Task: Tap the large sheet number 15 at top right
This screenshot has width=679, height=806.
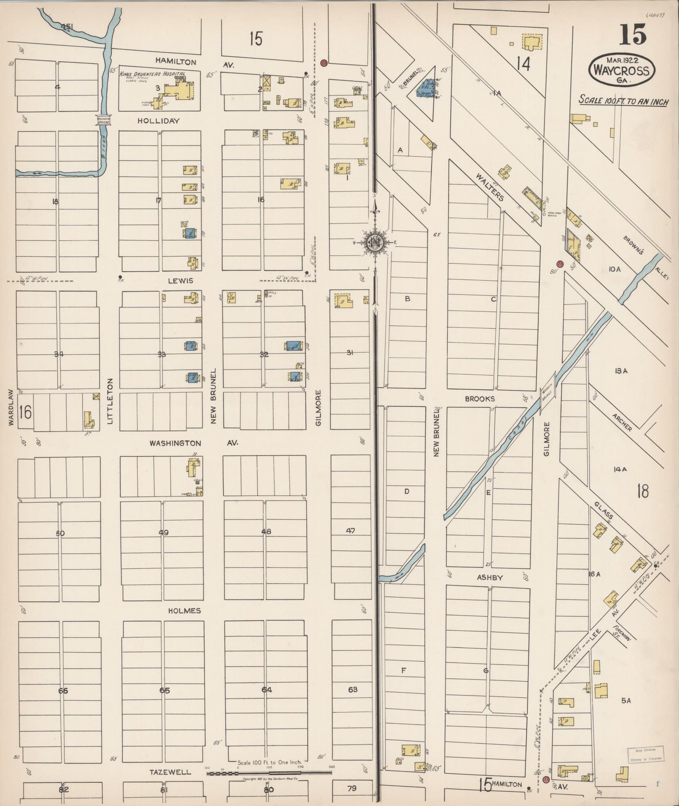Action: pos(632,35)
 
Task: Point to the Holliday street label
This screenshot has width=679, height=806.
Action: pos(158,121)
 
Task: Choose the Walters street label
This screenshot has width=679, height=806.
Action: pos(490,187)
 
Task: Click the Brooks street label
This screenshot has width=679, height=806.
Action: pos(480,399)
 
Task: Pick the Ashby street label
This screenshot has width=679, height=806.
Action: pos(490,577)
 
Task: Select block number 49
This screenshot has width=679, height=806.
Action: pos(164,533)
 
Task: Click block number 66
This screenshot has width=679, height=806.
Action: pos(63,691)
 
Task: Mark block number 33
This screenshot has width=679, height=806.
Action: pos(162,354)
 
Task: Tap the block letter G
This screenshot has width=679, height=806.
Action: pos(486,671)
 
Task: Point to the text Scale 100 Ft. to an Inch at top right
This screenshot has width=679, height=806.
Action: pos(623,101)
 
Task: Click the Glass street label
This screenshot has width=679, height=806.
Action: pos(603,510)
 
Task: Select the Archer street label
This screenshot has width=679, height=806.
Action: pos(621,422)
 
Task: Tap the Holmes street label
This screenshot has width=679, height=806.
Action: pos(184,611)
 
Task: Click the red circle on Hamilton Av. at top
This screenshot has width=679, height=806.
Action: pos(323,63)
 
